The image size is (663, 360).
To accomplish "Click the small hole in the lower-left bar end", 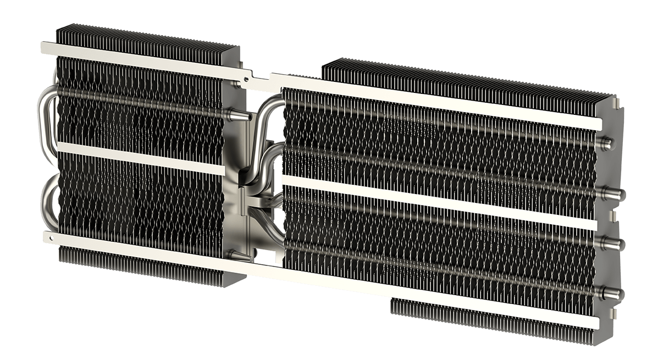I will click(x=51, y=239).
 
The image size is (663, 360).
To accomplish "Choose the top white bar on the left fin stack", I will click(x=137, y=57).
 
